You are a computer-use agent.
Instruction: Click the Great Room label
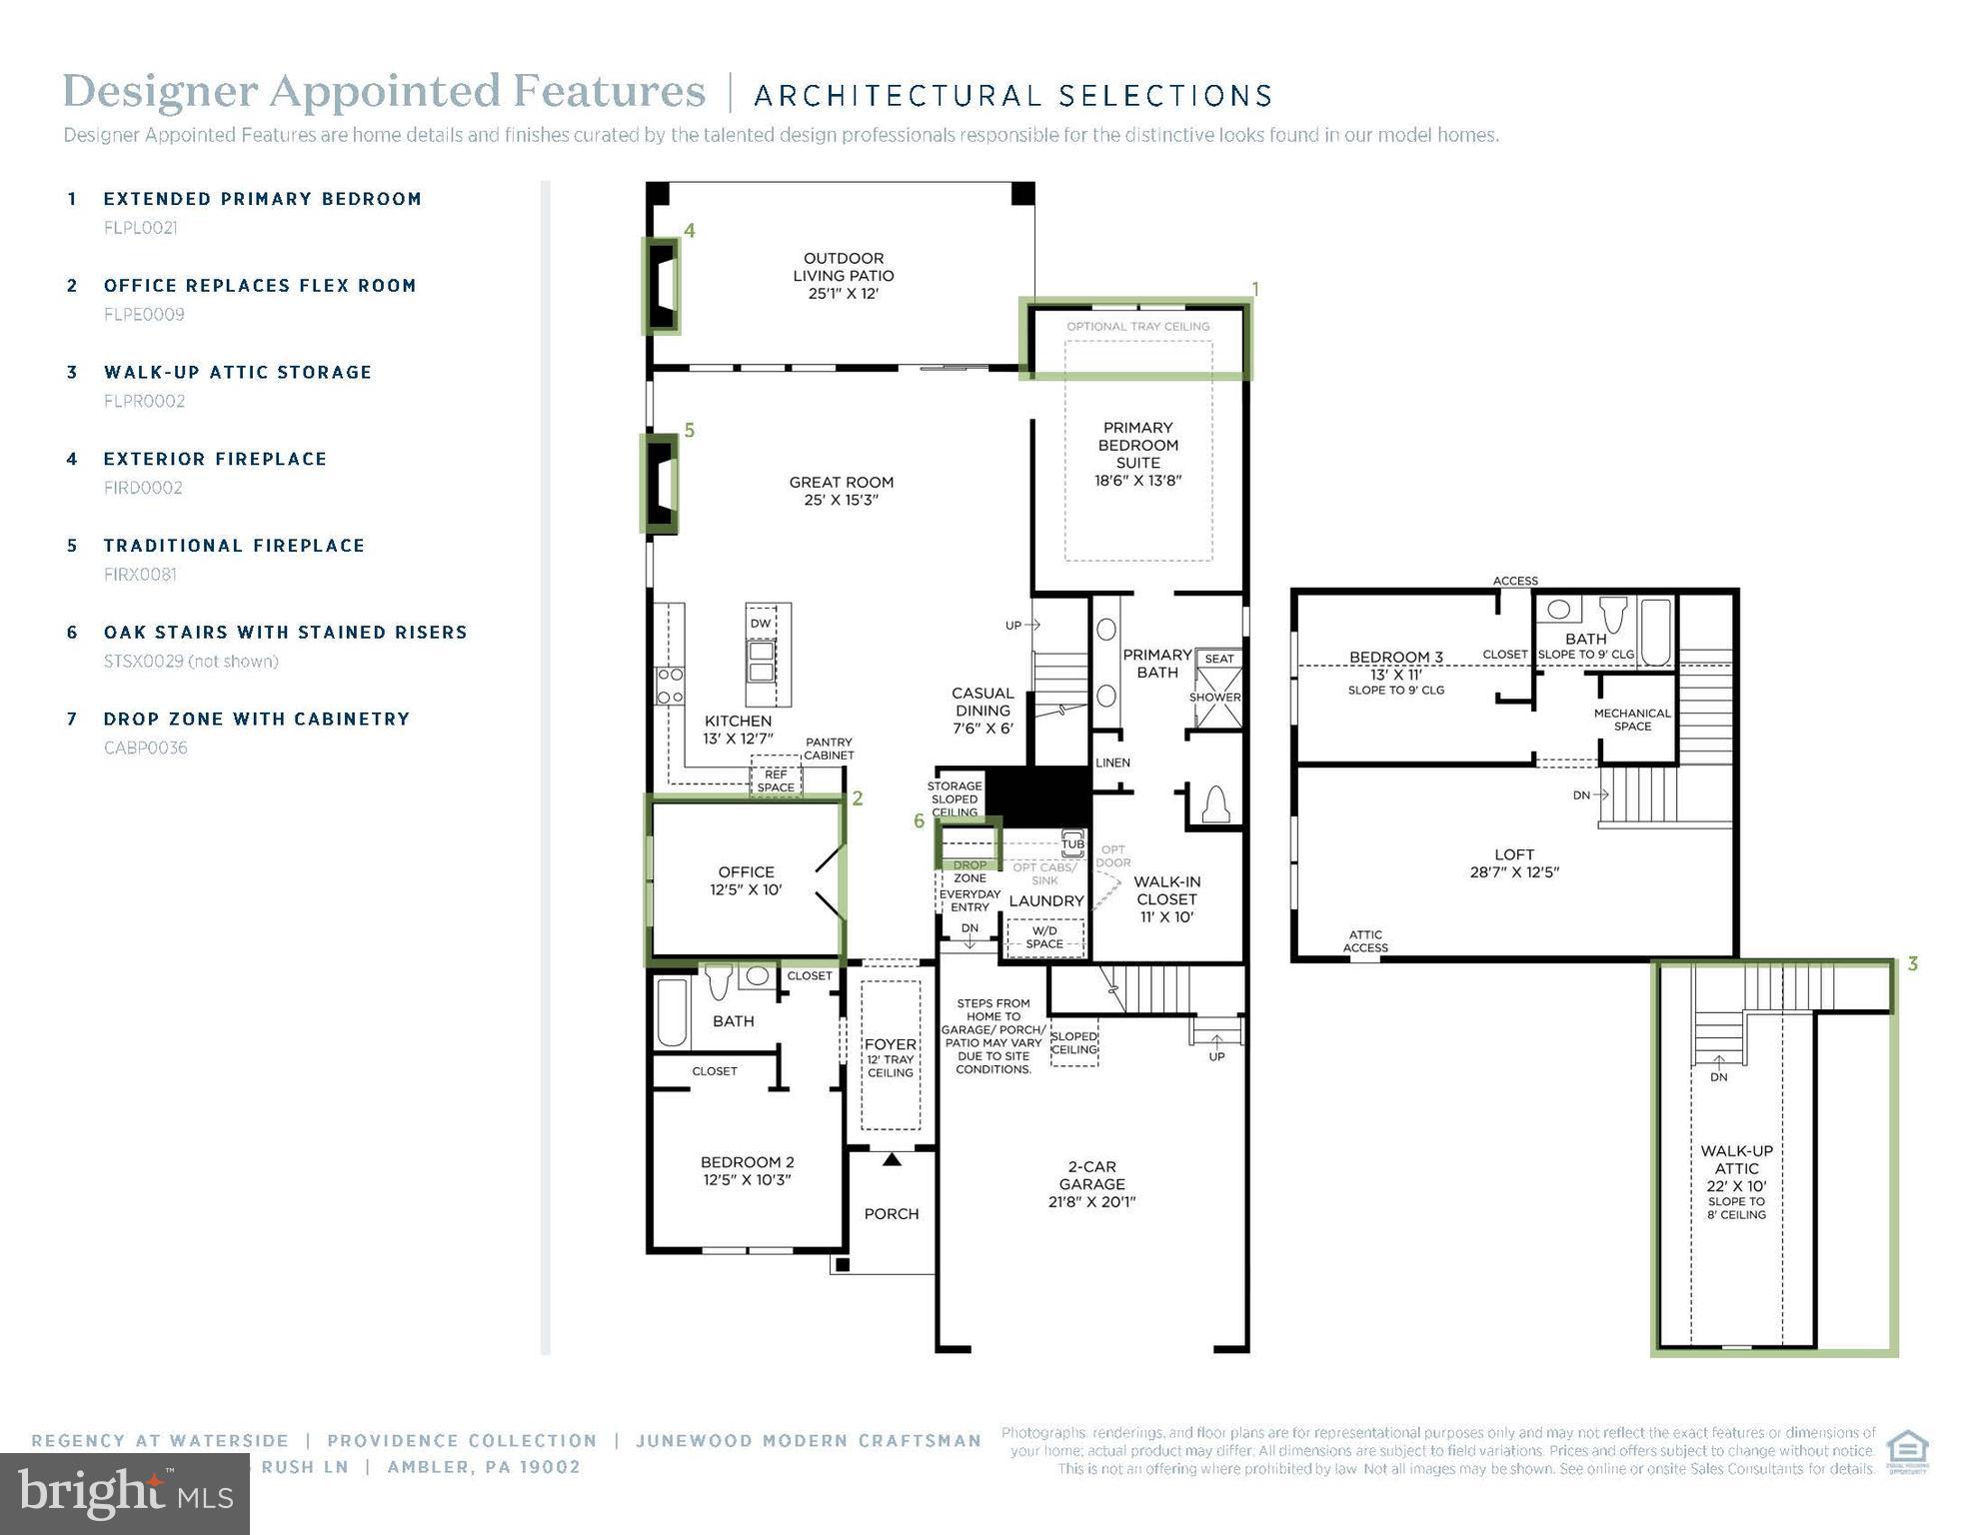coord(841,490)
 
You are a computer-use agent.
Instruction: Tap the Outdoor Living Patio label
coord(843,275)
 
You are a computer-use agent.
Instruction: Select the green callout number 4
coord(690,231)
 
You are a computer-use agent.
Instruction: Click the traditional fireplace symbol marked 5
coord(660,483)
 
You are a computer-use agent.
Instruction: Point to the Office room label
coord(746,880)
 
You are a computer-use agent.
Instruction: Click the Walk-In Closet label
coord(1166,898)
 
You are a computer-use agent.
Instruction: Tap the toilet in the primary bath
coord(1214,804)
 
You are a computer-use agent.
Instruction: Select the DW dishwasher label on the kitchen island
coord(761,624)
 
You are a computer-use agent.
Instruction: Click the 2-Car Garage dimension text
coord(1091,1202)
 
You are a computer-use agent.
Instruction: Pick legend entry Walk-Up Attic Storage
coord(238,372)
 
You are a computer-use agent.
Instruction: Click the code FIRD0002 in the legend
coord(143,488)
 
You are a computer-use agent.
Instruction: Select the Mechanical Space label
coord(1632,720)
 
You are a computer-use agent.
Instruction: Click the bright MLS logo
coord(125,1493)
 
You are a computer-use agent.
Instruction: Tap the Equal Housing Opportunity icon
coord(1907,1451)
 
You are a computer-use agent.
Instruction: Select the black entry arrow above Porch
coord(892,1159)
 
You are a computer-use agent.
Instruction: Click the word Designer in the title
coord(160,91)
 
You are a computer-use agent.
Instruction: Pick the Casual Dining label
coord(983,710)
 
